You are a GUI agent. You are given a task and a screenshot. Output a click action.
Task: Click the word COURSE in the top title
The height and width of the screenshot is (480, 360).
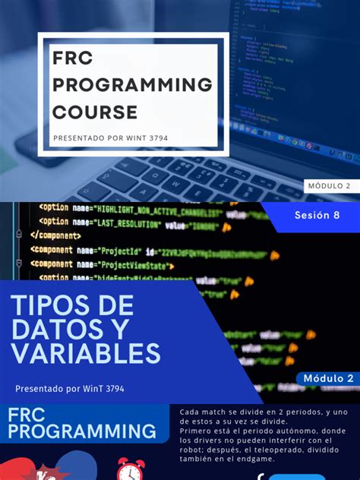(95, 112)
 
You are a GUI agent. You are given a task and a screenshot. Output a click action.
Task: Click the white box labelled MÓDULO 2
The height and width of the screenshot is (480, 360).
(329, 186)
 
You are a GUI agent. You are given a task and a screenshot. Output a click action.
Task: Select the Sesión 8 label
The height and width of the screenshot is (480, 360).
(317, 215)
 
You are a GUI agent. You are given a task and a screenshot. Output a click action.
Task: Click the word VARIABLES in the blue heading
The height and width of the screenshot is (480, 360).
(85, 353)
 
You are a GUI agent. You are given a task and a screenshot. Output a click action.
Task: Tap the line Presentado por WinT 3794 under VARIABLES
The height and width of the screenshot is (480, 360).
(69, 389)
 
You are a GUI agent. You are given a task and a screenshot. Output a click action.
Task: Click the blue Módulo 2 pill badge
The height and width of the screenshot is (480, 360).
(328, 378)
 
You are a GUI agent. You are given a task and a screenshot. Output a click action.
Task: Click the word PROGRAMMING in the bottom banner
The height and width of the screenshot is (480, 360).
(82, 432)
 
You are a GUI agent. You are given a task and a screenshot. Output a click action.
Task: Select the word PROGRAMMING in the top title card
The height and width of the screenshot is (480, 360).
(132, 85)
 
